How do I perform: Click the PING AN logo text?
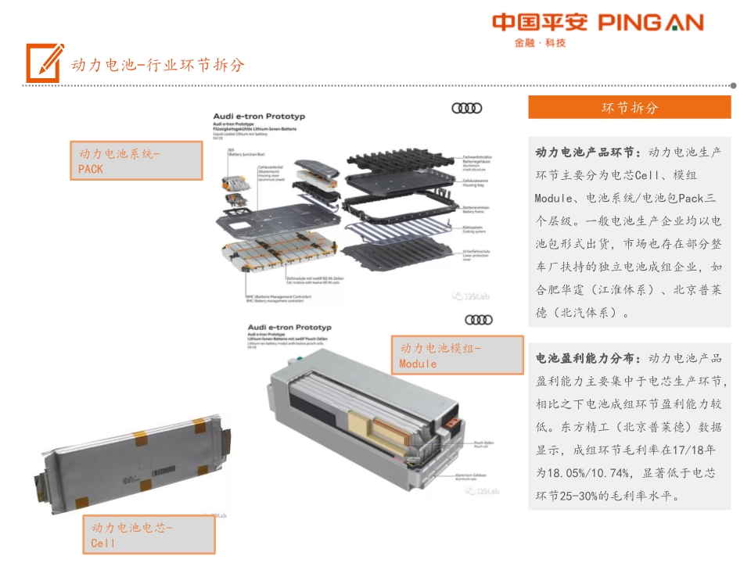(x=651, y=23)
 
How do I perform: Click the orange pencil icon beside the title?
(x=44, y=63)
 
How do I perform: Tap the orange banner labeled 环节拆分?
(x=629, y=107)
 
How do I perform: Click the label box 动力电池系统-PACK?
(x=136, y=161)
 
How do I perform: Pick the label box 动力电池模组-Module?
(x=458, y=356)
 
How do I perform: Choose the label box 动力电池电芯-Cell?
(x=149, y=535)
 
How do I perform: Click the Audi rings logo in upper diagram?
(x=467, y=108)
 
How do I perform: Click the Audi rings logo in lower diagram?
(x=478, y=319)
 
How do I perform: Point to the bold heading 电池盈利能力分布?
(x=588, y=359)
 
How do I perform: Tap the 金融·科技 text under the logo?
(x=540, y=43)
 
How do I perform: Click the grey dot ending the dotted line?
(x=733, y=85)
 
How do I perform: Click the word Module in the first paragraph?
(x=555, y=198)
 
